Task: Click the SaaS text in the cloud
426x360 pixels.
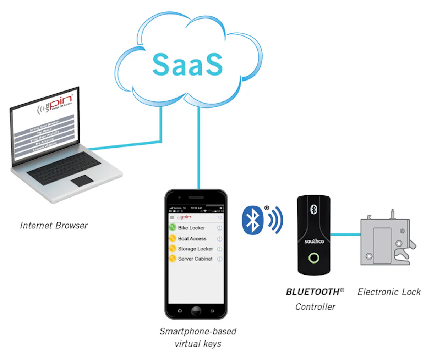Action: pos(187,65)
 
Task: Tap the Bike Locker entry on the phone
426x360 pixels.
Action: pos(191,228)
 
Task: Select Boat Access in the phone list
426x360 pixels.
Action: pos(192,239)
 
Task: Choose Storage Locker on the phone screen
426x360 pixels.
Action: pos(195,249)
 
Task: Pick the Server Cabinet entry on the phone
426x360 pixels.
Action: pos(195,259)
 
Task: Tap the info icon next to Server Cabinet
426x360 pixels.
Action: pos(219,259)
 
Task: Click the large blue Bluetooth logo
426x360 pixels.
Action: pos(252,220)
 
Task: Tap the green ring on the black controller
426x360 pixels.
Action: pos(314,258)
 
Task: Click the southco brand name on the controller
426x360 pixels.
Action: pos(314,242)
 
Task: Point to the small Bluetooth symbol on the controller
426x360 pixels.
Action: pos(313,209)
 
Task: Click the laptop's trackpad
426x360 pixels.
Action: pos(82,181)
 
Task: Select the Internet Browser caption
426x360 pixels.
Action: pos(54,226)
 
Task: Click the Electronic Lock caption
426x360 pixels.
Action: pos(389,292)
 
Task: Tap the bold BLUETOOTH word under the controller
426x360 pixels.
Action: pos(313,292)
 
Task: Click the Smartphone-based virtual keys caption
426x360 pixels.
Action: pos(198,337)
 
